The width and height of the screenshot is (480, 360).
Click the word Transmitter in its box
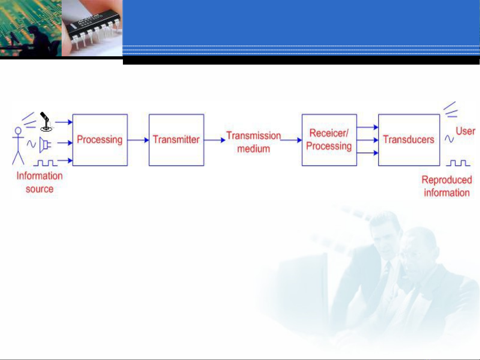tap(176, 140)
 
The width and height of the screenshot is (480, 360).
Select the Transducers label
tap(408, 140)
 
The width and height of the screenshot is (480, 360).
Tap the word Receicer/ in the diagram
tap(329, 133)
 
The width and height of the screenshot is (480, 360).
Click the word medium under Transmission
tap(253, 149)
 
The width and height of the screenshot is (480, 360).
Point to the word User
tap(465, 131)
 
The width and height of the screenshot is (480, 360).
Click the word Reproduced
tap(447, 180)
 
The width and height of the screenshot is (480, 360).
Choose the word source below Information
tap(40, 189)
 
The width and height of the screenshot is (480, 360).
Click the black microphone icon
tap(46, 122)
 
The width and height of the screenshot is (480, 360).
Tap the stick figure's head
tap(18, 131)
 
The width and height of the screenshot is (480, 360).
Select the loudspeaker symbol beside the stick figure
tap(45, 145)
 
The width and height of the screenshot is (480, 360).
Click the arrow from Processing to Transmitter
tap(138, 140)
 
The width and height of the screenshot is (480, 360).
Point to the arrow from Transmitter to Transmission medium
tap(215, 140)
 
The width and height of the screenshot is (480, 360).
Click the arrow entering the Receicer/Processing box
tap(291, 140)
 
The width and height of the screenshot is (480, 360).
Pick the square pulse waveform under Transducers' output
tap(458, 163)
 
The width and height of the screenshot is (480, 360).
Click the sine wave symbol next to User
tap(449, 139)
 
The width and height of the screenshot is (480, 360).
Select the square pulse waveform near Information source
tap(45, 163)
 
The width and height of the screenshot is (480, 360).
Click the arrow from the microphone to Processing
tap(64, 122)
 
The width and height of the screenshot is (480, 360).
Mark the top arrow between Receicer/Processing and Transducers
tap(367, 127)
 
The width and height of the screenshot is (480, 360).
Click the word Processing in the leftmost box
tap(100, 140)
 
